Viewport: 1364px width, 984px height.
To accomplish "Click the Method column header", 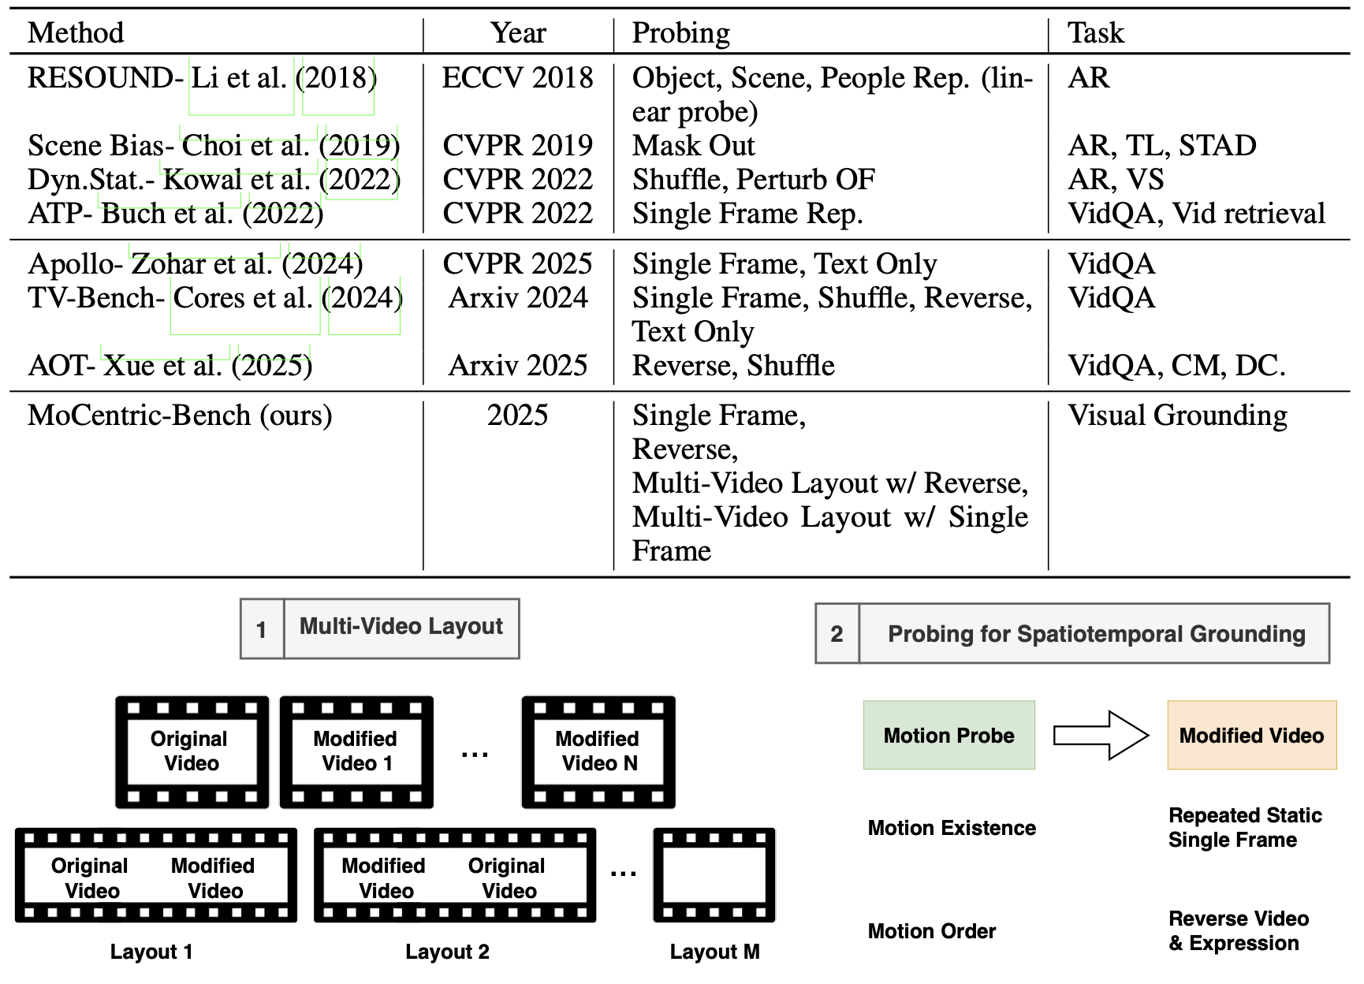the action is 76,32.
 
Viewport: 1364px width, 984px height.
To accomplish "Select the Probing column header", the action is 681,33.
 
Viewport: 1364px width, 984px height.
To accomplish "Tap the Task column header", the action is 1096,32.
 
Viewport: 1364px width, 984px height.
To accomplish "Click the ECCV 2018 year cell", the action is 517,77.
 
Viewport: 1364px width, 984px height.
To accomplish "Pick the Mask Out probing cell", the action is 694,145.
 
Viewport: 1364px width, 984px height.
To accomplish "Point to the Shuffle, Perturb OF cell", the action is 754,179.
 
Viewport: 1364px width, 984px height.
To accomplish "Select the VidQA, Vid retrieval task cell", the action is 1196,213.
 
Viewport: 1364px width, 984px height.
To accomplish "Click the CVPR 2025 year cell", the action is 517,263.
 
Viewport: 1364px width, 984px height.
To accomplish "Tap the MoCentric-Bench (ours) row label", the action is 180,416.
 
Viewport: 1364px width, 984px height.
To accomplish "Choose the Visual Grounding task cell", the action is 1178,416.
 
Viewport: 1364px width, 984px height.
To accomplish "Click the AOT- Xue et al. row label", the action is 170,365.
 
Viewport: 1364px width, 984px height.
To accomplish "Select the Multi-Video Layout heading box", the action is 380,628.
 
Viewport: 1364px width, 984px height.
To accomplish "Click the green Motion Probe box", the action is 949,735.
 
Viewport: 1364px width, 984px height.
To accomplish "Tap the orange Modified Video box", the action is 1252,735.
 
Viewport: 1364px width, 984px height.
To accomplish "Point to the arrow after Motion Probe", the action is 1101,735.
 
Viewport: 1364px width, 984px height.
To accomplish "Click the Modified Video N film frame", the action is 598,752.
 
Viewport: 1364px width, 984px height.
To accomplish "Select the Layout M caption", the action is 714,952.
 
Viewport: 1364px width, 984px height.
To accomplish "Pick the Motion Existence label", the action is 952,828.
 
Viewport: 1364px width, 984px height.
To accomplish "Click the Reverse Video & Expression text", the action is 1239,930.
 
